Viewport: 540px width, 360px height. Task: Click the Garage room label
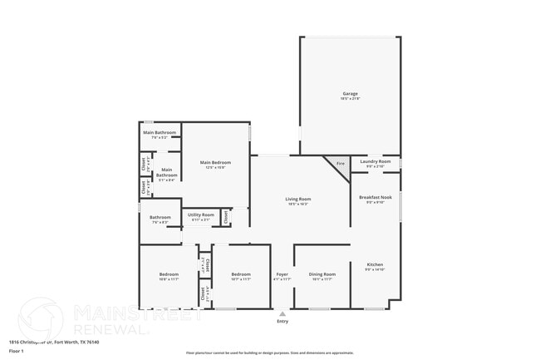(x=350, y=94)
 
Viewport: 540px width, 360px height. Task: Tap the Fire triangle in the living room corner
(x=339, y=164)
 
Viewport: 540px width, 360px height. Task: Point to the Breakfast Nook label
(x=375, y=197)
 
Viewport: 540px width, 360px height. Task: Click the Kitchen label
(x=374, y=265)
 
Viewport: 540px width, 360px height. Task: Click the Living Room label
(x=297, y=200)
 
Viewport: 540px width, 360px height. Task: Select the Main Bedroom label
(x=215, y=162)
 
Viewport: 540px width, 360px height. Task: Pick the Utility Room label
(x=200, y=215)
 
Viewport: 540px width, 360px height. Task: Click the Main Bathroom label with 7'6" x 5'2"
(x=160, y=132)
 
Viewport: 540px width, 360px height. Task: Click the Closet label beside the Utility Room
(x=225, y=216)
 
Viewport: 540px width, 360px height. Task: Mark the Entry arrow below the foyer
(x=282, y=313)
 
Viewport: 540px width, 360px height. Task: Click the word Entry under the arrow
(x=282, y=322)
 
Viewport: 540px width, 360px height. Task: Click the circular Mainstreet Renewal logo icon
(x=40, y=318)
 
